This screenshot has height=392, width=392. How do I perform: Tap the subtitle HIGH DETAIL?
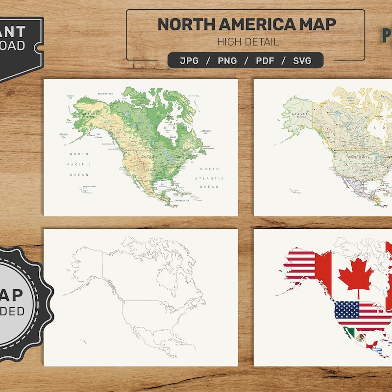click(248, 42)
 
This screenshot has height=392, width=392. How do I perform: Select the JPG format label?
click(189, 61)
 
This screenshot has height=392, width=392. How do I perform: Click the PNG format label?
click(227, 61)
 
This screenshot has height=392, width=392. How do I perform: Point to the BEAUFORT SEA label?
click(105, 93)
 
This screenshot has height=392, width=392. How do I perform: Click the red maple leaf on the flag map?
click(356, 274)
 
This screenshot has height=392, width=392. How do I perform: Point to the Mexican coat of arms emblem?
click(361, 337)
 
